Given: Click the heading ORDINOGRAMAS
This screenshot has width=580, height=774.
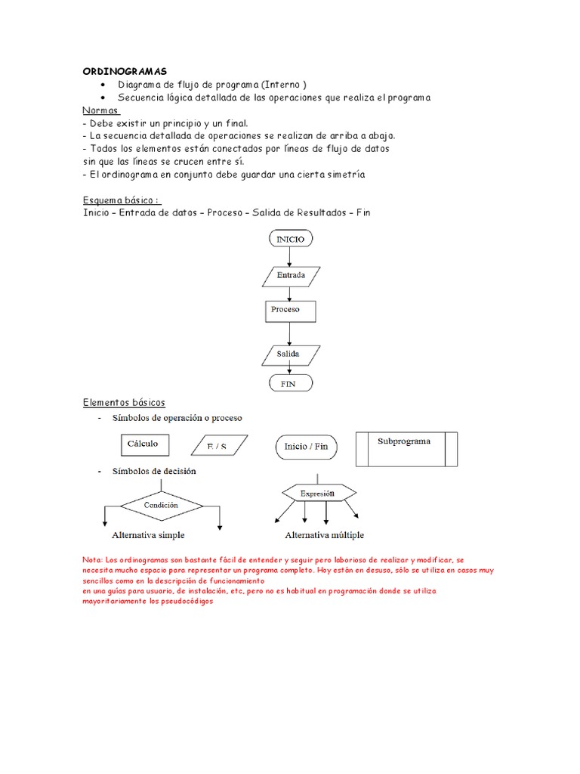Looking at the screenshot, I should pyautogui.click(x=125, y=71).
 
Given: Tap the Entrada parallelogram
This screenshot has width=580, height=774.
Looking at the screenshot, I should pyautogui.click(x=291, y=275).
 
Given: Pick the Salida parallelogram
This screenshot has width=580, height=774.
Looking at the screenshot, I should pyautogui.click(x=290, y=354).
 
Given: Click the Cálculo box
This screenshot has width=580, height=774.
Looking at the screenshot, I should pyautogui.click(x=145, y=444).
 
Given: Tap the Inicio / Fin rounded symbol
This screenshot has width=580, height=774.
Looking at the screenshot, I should pyautogui.click(x=306, y=447).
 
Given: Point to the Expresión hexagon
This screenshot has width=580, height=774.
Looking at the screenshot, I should pyautogui.click(x=316, y=493).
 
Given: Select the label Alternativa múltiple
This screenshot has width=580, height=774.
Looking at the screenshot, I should pyautogui.click(x=324, y=535).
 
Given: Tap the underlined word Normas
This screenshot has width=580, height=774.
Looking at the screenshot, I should pyautogui.click(x=101, y=110).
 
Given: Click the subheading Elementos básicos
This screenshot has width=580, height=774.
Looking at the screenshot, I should pyautogui.click(x=124, y=402).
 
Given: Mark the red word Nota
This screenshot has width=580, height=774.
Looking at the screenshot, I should pyautogui.click(x=91, y=559).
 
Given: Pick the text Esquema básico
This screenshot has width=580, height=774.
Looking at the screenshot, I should pyautogui.click(x=121, y=200).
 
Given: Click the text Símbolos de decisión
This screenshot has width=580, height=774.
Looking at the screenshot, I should pyautogui.click(x=153, y=471).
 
